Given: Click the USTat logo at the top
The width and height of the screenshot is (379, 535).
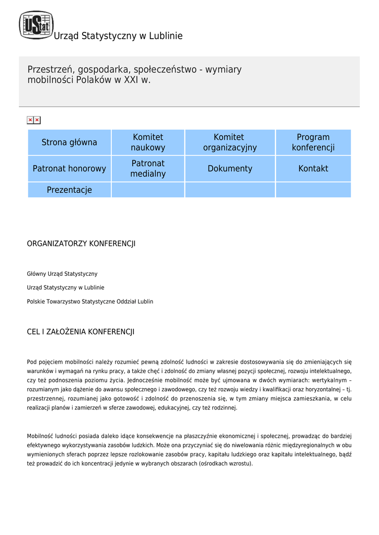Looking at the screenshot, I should pyautogui.click(x=36, y=25).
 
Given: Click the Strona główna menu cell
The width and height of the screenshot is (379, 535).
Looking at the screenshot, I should pyautogui.click(x=70, y=142).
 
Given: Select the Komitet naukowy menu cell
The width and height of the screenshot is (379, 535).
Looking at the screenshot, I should pyautogui.click(x=148, y=142).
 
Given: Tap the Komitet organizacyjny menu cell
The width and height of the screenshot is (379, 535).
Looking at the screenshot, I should pyautogui.click(x=230, y=142).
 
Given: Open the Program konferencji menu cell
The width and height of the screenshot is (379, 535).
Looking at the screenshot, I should pyautogui.click(x=313, y=142).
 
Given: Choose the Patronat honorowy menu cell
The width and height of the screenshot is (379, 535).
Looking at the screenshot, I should pyautogui.click(x=70, y=169).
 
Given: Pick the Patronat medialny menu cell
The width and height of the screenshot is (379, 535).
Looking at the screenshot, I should pyautogui.click(x=148, y=169).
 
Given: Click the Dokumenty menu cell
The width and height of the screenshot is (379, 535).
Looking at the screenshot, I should pyautogui.click(x=230, y=169).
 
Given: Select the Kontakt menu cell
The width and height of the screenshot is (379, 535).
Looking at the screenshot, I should pyautogui.click(x=313, y=169).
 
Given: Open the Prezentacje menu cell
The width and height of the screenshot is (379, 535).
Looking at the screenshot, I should pyautogui.click(x=70, y=190).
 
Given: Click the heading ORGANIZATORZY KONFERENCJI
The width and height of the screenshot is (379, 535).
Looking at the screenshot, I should pyautogui.click(x=81, y=244).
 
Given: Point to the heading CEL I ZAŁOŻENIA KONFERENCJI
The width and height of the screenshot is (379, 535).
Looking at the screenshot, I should pyautogui.click(x=81, y=332).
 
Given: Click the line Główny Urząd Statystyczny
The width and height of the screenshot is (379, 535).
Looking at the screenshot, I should pyautogui.click(x=62, y=274).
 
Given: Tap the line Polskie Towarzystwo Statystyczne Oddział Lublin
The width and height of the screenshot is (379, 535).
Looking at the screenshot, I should pyautogui.click(x=90, y=301).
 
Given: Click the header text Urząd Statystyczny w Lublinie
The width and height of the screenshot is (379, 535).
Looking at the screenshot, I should pyautogui.click(x=118, y=36).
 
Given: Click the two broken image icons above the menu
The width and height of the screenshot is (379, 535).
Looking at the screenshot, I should pyautogui.click(x=33, y=120).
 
